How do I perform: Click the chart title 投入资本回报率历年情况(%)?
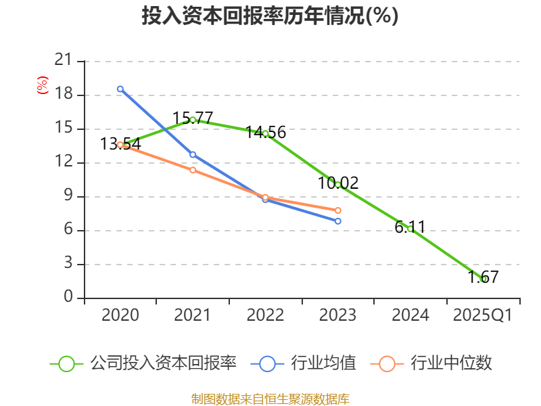pos(270,16)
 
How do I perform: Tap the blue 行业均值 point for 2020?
pos(120,89)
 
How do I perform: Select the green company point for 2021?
pos(193,120)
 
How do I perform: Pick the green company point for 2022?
pos(265,133)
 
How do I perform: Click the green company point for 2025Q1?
pos(484,279)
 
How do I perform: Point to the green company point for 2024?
pos(410,229)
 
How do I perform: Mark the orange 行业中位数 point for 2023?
pos(338,210)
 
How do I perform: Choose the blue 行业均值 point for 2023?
pos(338,221)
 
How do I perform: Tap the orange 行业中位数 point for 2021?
pos(193,170)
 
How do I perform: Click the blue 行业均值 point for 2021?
pos(193,155)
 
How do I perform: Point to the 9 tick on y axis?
pos(68,196)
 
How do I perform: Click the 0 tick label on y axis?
pos(68,298)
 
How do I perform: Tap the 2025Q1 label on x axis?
pos(483,315)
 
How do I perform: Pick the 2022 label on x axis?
pos(265,315)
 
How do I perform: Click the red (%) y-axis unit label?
pos(43,86)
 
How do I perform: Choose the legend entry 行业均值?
pos(304,363)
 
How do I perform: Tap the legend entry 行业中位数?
pos(432,363)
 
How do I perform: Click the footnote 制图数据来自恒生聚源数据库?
pos(270,399)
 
